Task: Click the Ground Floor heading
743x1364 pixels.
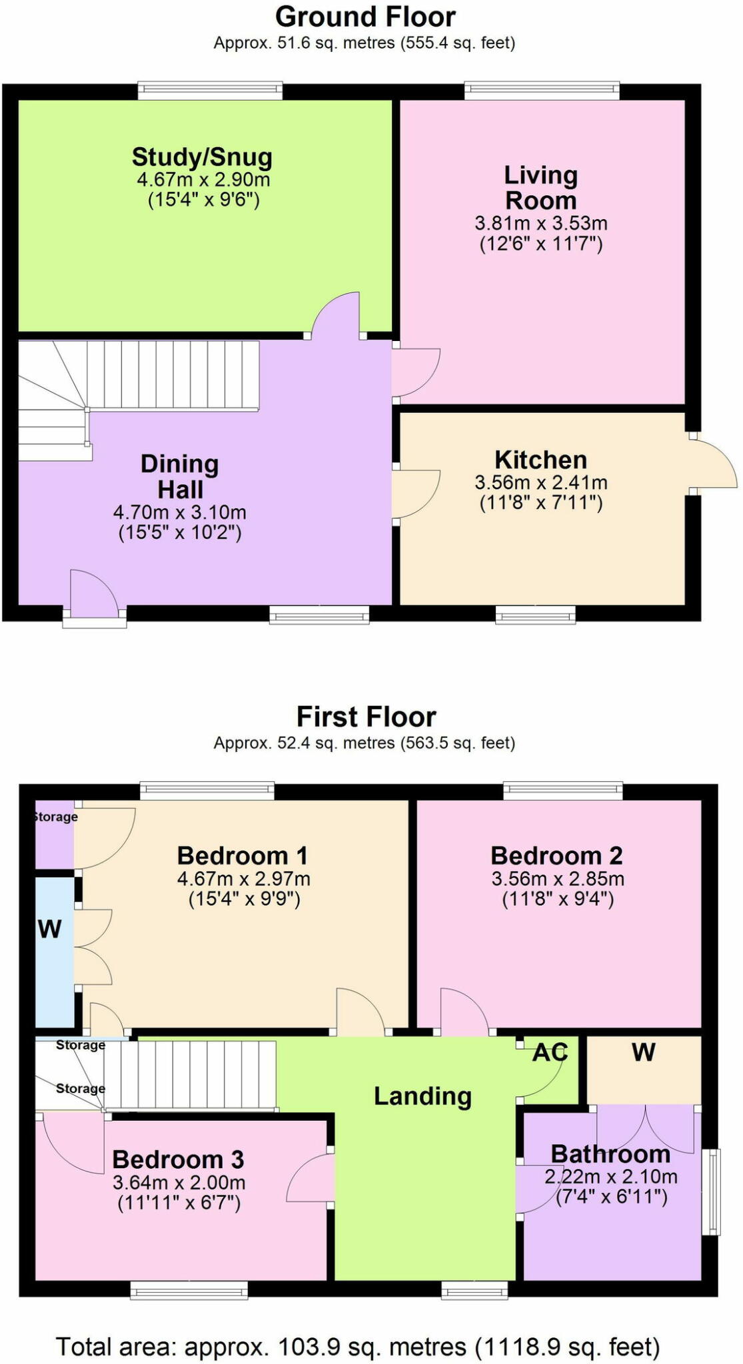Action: pyautogui.click(x=365, y=17)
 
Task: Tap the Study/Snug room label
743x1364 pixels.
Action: pyautogui.click(x=202, y=157)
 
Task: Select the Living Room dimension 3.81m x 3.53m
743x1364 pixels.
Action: pyautogui.click(x=540, y=222)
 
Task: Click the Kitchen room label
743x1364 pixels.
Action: pyautogui.click(x=540, y=460)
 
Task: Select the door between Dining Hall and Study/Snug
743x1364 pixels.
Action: pyautogui.click(x=337, y=316)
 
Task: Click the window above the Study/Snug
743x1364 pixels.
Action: pyautogui.click(x=210, y=90)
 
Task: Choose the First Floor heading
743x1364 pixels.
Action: pyautogui.click(x=366, y=717)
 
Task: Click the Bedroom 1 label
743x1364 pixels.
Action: pyautogui.click(x=243, y=855)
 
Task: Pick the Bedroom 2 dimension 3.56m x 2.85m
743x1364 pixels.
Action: pyautogui.click(x=558, y=878)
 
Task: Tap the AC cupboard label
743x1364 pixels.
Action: pyautogui.click(x=550, y=1052)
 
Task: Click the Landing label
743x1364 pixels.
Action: pyautogui.click(x=422, y=1096)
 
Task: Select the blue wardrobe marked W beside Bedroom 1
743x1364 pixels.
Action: pyautogui.click(x=53, y=952)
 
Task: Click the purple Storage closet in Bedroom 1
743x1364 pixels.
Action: pyautogui.click(x=54, y=836)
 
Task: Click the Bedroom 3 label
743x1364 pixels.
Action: pyautogui.click(x=178, y=1160)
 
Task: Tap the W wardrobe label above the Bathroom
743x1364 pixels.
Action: pyautogui.click(x=643, y=1052)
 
